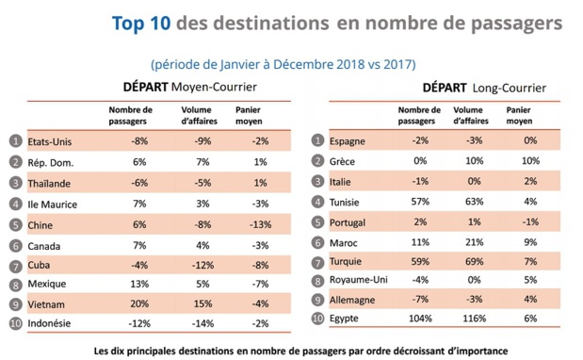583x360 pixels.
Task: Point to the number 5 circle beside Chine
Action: pyautogui.click(x=14, y=224)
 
